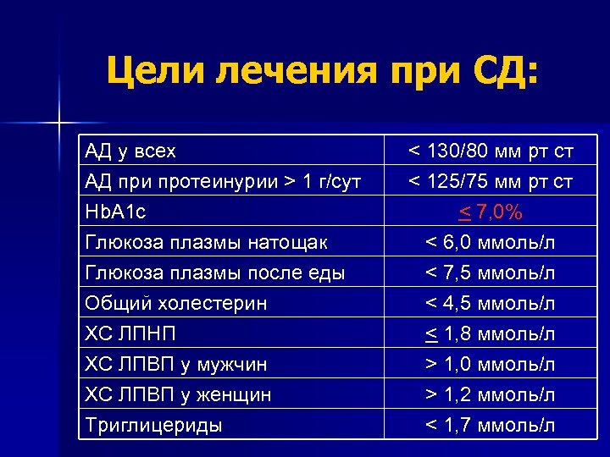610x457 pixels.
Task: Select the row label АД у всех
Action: pos(130,151)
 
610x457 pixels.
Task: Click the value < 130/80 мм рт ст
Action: pos(491,151)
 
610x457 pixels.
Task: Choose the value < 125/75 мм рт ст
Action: pos(491,181)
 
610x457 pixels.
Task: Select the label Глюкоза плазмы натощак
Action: pos(206,242)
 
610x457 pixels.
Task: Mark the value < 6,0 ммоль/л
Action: pos(491,242)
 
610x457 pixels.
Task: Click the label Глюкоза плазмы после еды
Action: pos(214,273)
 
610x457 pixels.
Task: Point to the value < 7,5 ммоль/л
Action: pos(491,273)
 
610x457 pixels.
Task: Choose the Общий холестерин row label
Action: pos(176,303)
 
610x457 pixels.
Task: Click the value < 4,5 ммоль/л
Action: pos(491,303)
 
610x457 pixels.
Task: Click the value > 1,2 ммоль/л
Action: pos(491,394)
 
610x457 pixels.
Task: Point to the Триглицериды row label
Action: pos(153,425)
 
